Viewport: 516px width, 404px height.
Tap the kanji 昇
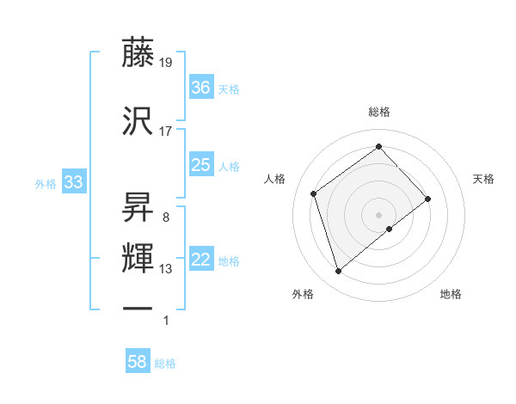click(x=138, y=205)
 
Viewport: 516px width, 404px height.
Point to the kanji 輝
click(x=138, y=258)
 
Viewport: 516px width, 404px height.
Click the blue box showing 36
click(x=201, y=88)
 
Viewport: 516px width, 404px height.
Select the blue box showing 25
click(x=201, y=165)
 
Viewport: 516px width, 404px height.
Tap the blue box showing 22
click(x=201, y=260)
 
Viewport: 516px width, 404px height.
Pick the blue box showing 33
click(x=73, y=183)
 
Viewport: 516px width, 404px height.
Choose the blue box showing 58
click(x=138, y=363)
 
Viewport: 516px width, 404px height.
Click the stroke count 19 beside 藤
click(x=167, y=63)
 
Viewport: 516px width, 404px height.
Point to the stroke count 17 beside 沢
click(x=166, y=132)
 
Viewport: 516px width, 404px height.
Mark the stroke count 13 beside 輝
click(x=166, y=269)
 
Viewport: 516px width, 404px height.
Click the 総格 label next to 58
click(x=165, y=364)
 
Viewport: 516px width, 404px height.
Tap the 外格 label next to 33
click(x=46, y=183)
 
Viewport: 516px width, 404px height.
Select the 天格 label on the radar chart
click(x=483, y=179)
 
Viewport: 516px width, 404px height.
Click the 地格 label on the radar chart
click(x=451, y=294)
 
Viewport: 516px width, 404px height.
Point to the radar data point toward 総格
click(x=378, y=146)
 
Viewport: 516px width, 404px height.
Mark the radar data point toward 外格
click(x=338, y=272)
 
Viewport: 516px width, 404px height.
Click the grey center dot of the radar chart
click(x=378, y=214)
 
